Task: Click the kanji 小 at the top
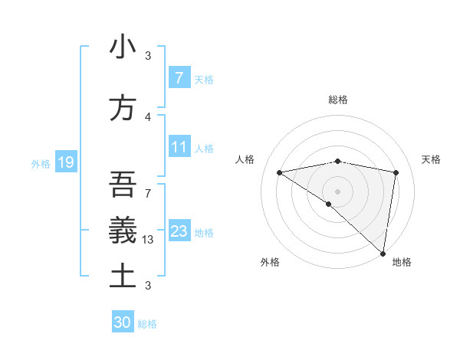(x=122, y=47)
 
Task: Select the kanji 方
(x=122, y=108)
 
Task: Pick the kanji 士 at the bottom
(x=122, y=276)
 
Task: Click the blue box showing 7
(x=179, y=78)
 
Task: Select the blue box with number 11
(x=179, y=147)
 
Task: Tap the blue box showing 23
(x=179, y=231)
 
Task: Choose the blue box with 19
(x=66, y=162)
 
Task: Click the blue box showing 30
(x=123, y=322)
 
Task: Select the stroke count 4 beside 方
(x=148, y=116)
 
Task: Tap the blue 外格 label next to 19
(x=40, y=163)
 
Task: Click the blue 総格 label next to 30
(x=147, y=324)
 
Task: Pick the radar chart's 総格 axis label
(x=337, y=100)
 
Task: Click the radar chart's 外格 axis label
(x=270, y=263)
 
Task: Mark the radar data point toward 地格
(x=383, y=253)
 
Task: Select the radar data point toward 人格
(x=279, y=172)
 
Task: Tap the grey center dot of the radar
(x=337, y=190)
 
